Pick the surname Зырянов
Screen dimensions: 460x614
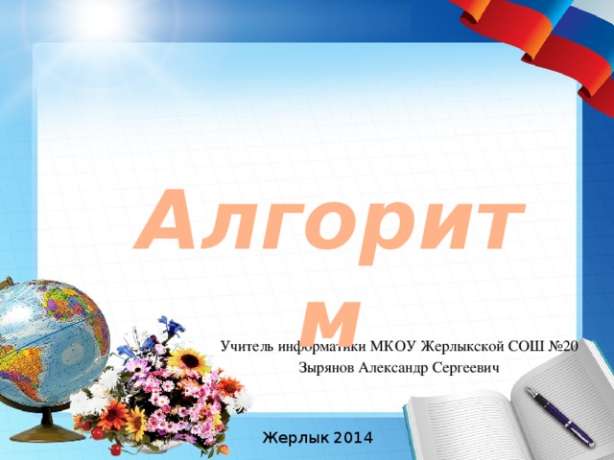point(326,367)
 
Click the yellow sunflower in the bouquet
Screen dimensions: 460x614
point(188,361)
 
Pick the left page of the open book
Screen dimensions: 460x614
point(460,422)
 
